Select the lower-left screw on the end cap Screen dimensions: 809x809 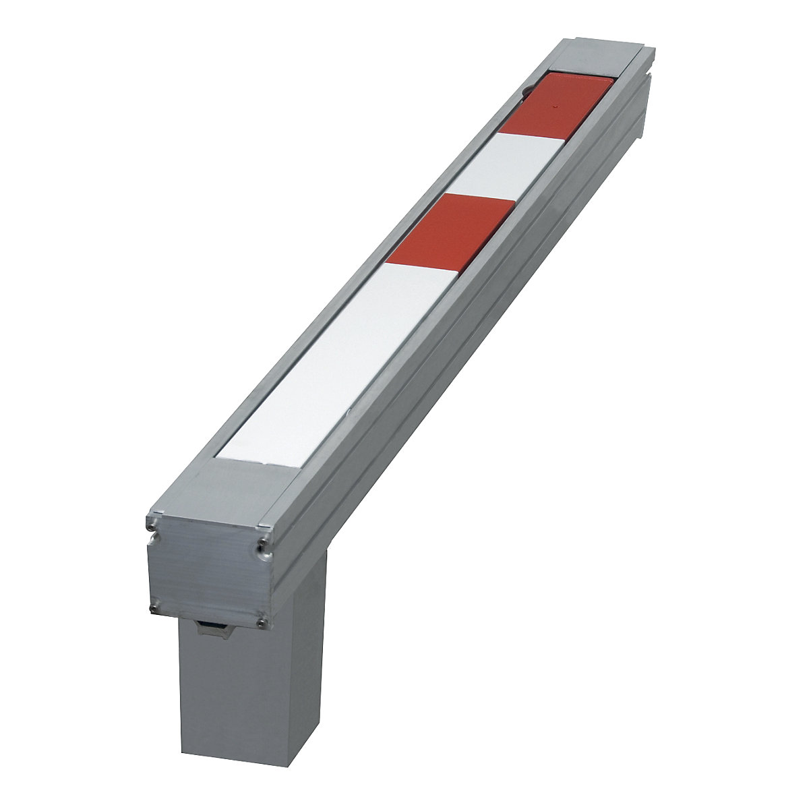(154, 609)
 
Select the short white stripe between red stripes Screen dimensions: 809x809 (512, 166)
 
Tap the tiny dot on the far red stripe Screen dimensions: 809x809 (554, 107)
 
